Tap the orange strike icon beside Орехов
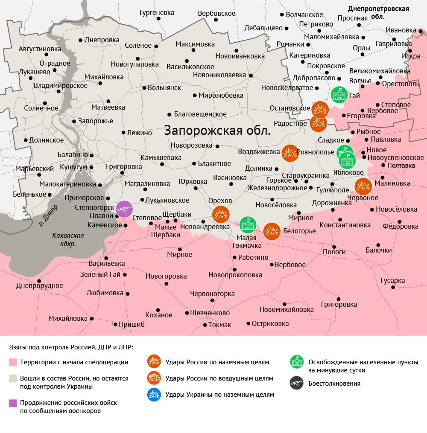tap(221, 215)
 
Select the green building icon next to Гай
tap(339, 95)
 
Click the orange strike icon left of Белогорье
tap(272, 231)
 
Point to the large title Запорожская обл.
tap(217, 131)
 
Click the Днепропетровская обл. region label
tap(378, 12)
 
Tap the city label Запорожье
tap(96, 121)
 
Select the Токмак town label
tap(219, 325)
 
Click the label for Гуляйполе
tap(333, 190)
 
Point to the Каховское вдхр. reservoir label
tap(68, 240)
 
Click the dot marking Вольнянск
tap(144, 88)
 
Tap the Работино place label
tap(253, 257)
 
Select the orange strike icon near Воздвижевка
tap(290, 153)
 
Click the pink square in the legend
tap(13, 362)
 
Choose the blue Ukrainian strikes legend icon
tap(154, 394)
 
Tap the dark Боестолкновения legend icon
tap(296, 383)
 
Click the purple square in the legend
tap(13, 403)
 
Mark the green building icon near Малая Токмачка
tap(248, 224)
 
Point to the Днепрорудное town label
tap(40, 286)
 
